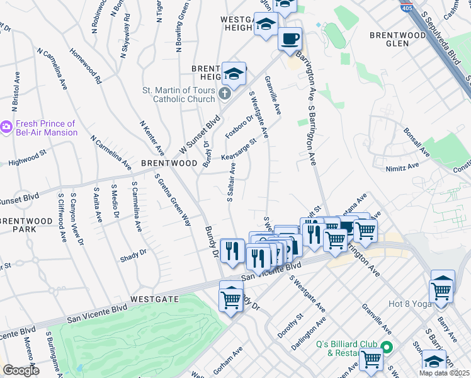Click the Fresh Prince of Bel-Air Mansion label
pyautogui.click(x=46, y=128)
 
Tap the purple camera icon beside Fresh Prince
pyautogui.click(x=7, y=128)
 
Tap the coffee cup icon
pyautogui.click(x=290, y=38)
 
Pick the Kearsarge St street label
pyautogui.click(x=239, y=151)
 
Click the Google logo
pyautogui.click(x=21, y=370)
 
